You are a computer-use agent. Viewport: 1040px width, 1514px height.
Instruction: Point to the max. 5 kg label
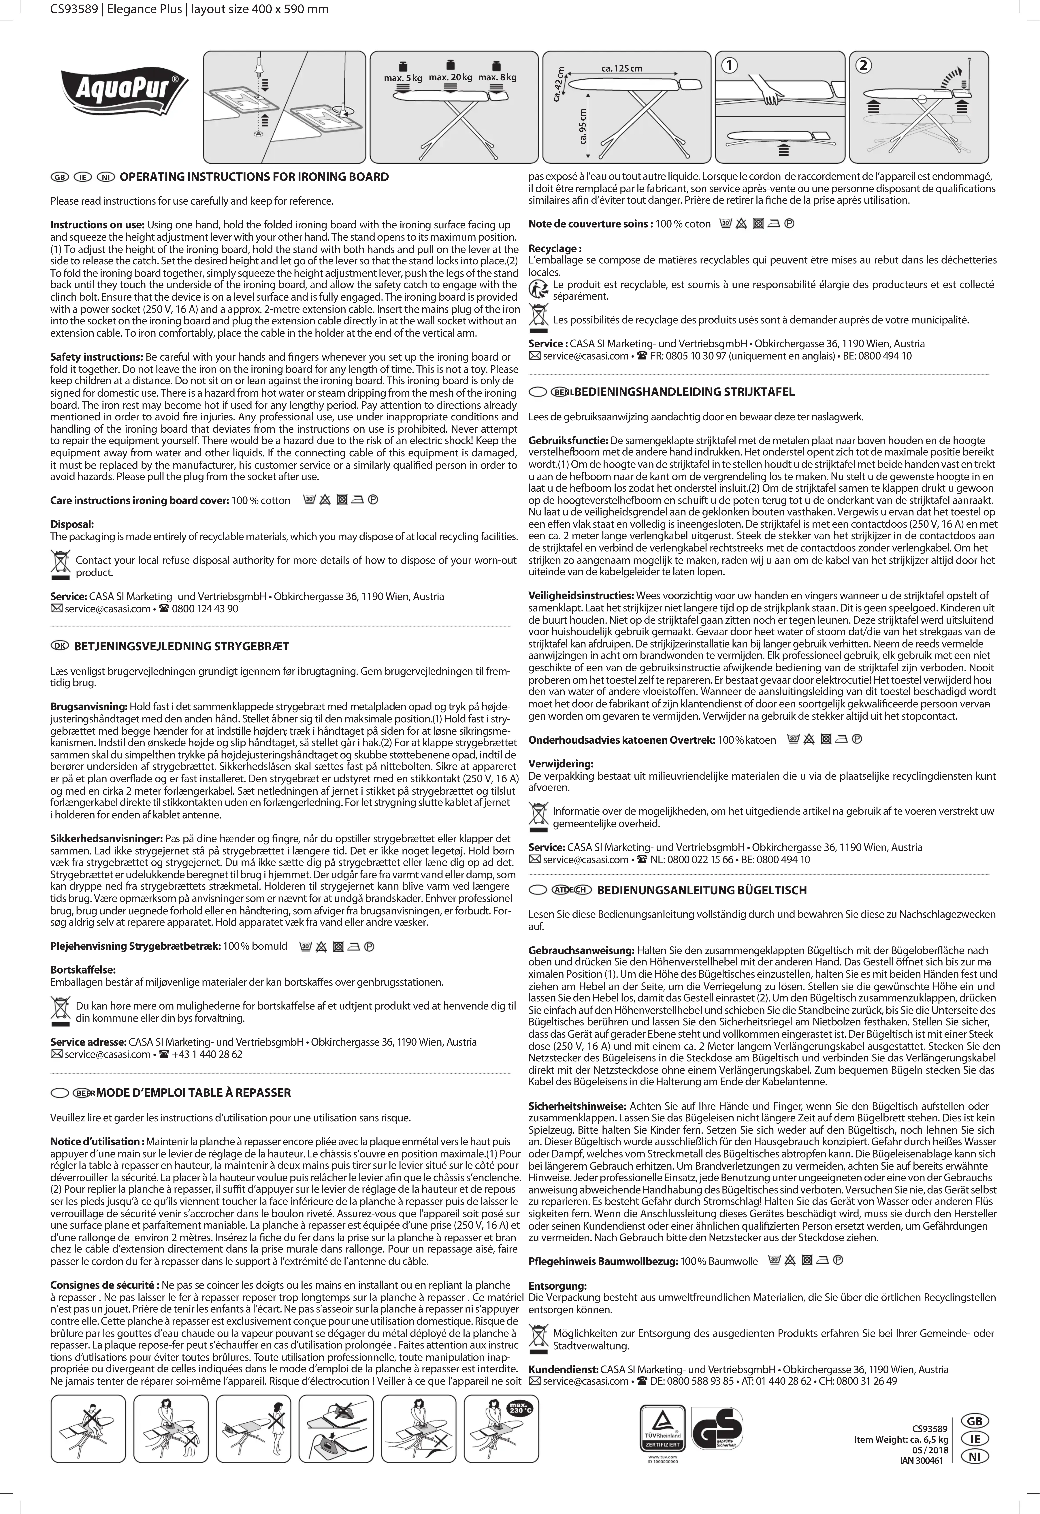click(403, 78)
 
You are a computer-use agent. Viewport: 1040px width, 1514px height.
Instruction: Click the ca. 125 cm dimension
click(621, 68)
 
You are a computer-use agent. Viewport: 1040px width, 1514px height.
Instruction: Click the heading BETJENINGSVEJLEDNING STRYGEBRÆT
click(181, 646)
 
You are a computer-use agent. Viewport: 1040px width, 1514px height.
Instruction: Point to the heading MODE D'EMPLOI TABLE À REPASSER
click(193, 1093)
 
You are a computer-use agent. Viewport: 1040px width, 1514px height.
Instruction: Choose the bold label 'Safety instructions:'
click(96, 357)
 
